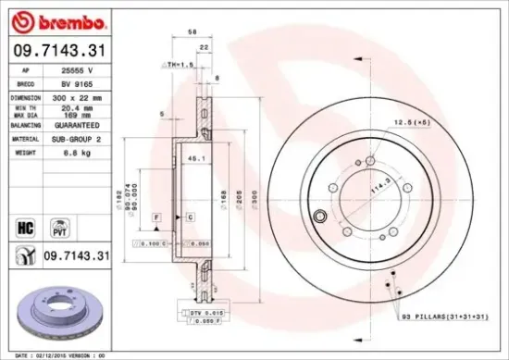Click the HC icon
coord(22,222)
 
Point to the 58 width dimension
coord(192,31)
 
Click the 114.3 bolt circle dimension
coord(374,186)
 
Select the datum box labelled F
coord(157,216)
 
